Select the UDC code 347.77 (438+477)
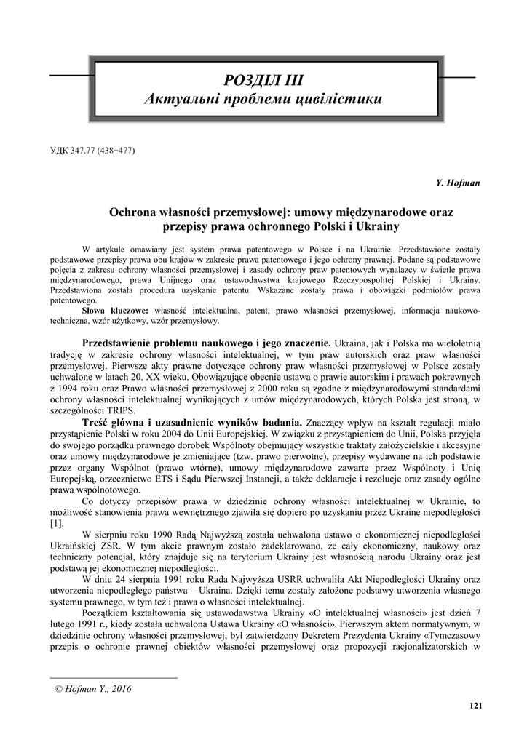tap(92, 151)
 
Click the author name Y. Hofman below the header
tap(459, 182)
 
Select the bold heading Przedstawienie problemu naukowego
tap(167, 342)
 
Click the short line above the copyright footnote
tap(114, 678)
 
